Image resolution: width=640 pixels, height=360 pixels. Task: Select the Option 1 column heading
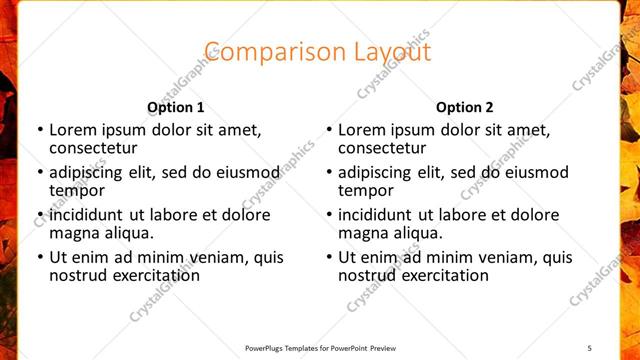click(x=176, y=107)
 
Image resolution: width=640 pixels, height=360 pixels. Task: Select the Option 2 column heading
click(x=465, y=107)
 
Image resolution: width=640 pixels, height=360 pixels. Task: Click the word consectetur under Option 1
click(x=92, y=148)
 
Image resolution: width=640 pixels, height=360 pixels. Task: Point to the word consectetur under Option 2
click(x=381, y=148)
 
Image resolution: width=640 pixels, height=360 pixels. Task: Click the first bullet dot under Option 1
click(x=39, y=130)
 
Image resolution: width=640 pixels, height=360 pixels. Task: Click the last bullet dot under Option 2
click(x=328, y=258)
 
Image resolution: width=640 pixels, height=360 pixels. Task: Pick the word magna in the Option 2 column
click(x=361, y=234)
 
